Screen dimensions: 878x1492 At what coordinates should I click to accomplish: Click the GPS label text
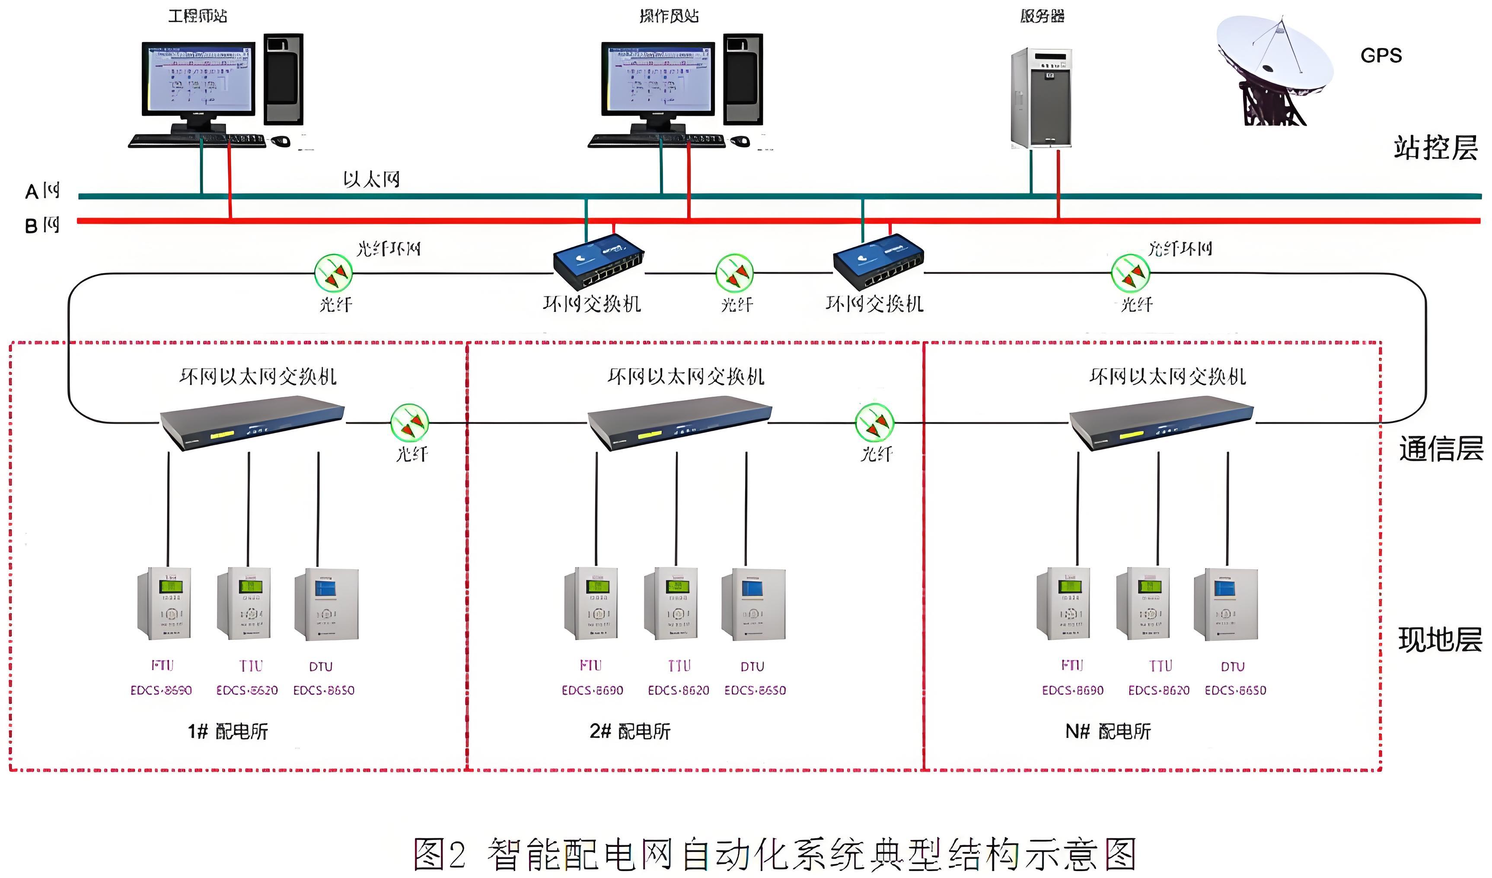1380,56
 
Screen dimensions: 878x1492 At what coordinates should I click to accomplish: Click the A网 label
42,191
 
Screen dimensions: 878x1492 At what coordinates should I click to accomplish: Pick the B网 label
42,226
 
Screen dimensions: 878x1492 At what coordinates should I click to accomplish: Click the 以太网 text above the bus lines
371,179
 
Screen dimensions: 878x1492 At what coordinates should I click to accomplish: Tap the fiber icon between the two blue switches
734,274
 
